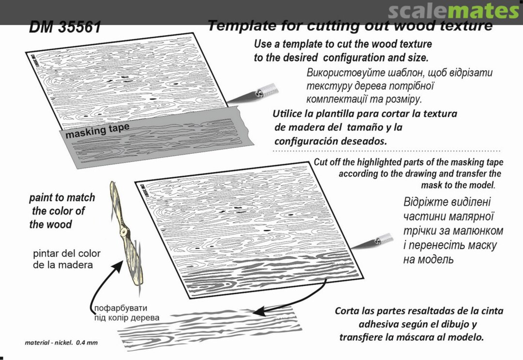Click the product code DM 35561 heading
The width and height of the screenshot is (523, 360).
tap(65, 27)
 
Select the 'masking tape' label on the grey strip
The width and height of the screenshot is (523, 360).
tap(97, 130)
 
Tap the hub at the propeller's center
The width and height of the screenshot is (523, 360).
tap(124, 231)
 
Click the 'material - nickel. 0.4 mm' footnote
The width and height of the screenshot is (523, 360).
tap(62, 343)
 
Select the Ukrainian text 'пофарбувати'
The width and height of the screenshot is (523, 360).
tap(121, 308)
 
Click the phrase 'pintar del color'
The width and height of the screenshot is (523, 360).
tap(67, 254)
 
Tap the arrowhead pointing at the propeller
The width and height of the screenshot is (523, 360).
tap(117, 266)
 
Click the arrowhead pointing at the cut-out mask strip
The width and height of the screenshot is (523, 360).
tap(259, 312)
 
